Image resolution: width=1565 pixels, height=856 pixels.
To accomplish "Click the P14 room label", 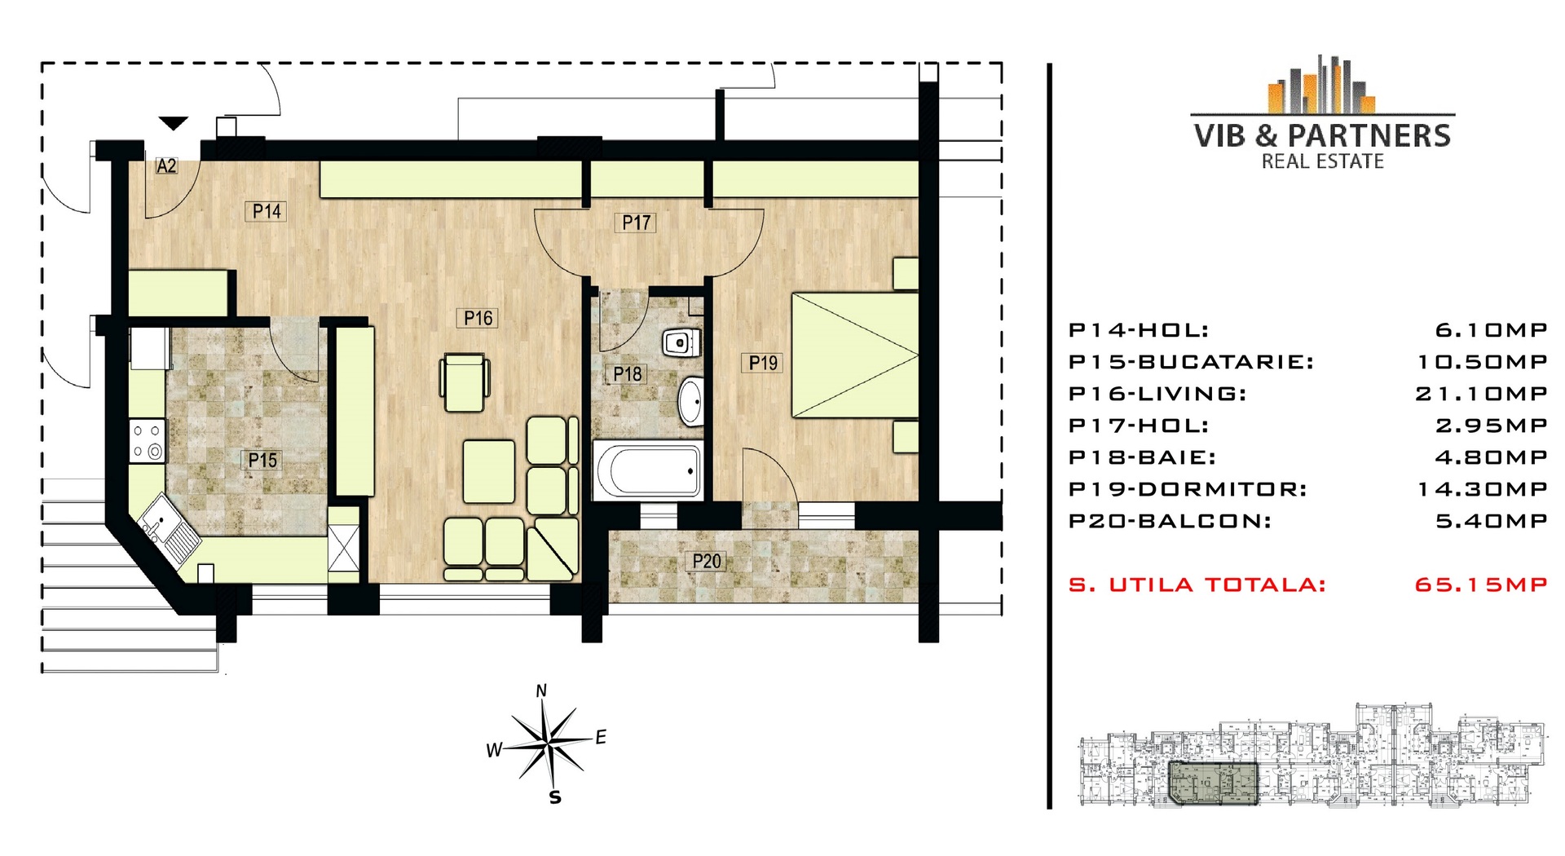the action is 267,211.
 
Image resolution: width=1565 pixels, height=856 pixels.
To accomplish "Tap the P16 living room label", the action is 478,318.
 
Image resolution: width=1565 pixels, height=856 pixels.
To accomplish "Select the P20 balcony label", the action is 707,561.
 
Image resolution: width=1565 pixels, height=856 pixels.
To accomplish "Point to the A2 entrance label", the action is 166,165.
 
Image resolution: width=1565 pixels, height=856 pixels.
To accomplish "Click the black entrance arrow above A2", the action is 173,123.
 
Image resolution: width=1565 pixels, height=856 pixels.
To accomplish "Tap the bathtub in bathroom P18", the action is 648,470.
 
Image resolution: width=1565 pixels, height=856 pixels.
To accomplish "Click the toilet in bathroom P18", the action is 681,343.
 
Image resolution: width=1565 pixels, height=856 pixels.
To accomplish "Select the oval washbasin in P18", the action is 690,400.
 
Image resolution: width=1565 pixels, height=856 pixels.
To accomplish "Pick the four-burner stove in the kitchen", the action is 147,441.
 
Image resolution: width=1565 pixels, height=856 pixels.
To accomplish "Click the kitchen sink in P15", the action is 170,531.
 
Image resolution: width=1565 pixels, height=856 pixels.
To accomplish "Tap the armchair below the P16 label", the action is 465,382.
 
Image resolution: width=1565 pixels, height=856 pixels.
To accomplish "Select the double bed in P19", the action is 855,355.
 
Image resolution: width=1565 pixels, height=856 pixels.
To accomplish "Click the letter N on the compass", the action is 541,691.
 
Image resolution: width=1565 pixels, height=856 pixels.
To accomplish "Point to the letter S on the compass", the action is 555,797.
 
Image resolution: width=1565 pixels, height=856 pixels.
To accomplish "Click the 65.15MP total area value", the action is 1481,585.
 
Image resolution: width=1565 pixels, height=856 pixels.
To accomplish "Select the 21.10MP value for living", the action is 1481,394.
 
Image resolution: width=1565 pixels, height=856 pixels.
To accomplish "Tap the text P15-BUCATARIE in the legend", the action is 1191,362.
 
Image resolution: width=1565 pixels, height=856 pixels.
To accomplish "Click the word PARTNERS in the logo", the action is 1369,135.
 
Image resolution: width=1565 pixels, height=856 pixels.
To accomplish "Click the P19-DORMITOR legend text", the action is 1188,489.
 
